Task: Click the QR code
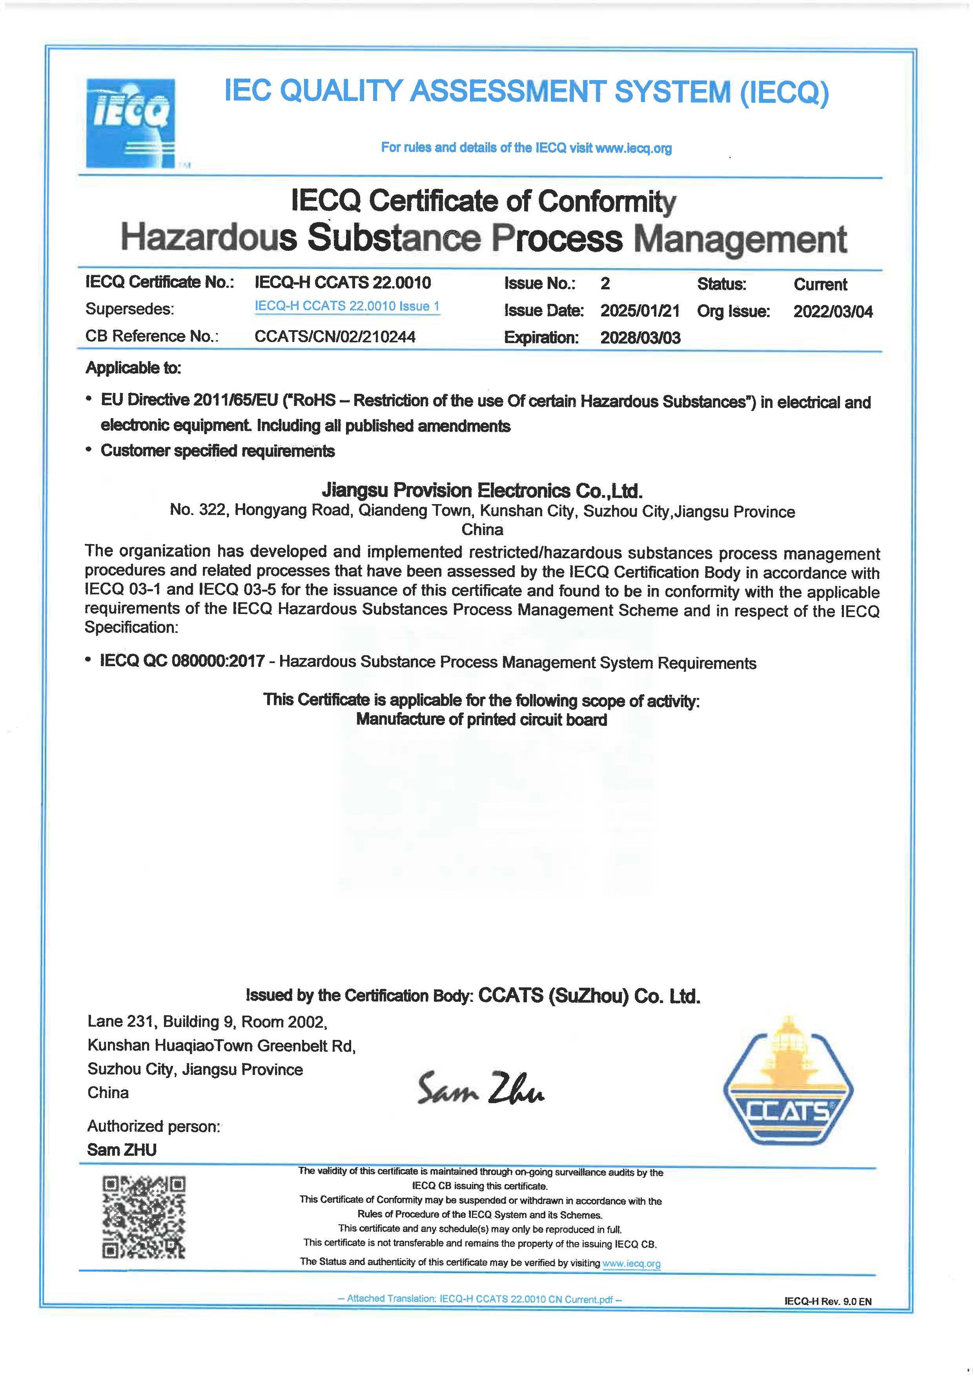144,1217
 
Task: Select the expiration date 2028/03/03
640,338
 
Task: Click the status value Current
820,284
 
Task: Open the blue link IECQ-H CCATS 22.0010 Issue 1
347,306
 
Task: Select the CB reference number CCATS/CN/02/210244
335,336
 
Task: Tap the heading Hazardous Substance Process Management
483,238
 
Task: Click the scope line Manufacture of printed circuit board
482,720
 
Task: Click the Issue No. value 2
605,283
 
